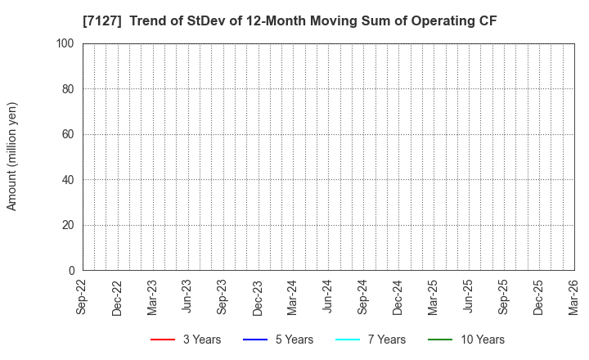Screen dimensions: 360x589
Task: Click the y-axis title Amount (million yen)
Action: pyautogui.click(x=12, y=156)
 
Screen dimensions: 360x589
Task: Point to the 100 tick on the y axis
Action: pyautogui.click(x=66, y=43)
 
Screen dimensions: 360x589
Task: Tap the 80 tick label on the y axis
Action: pyautogui.click(x=69, y=89)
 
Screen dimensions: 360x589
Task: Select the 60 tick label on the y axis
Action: pyautogui.click(x=69, y=134)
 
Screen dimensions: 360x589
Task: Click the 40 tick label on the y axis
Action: pyautogui.click(x=69, y=180)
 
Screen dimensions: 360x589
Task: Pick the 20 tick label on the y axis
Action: pyautogui.click(x=69, y=225)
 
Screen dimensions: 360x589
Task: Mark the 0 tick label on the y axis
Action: pyautogui.click(x=72, y=271)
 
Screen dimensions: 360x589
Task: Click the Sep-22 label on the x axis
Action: pyautogui.click(x=83, y=297)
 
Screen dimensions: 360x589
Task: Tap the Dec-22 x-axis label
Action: pyautogui.click(x=118, y=297)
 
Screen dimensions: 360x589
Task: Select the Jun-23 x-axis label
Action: pyautogui.click(x=188, y=297)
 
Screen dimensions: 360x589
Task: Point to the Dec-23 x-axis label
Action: pyautogui.click(x=258, y=297)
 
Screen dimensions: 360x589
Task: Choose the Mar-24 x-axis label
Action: pyautogui.click(x=293, y=297)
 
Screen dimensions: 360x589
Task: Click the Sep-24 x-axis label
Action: pyautogui.click(x=363, y=297)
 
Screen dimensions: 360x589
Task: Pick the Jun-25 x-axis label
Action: pyautogui.click(x=469, y=297)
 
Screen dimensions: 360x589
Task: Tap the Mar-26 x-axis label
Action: pyautogui.click(x=573, y=297)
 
